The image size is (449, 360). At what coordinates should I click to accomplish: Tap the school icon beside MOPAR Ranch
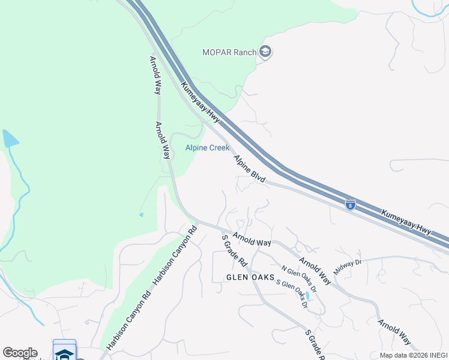click(x=265, y=53)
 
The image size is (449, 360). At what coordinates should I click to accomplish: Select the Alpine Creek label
click(x=207, y=148)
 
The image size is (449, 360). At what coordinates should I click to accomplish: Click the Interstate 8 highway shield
click(x=351, y=205)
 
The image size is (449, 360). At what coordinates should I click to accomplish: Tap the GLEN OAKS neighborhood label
click(x=250, y=277)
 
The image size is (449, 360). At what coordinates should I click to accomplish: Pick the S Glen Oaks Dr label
click(x=291, y=292)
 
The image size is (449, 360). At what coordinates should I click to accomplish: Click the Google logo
click(x=20, y=353)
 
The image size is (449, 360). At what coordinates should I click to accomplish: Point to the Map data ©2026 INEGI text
click(x=413, y=355)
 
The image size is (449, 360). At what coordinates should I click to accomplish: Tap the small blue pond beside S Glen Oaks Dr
click(x=308, y=296)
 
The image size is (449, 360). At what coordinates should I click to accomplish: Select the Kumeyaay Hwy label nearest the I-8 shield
click(x=408, y=221)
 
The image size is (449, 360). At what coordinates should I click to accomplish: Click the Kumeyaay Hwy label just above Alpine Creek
click(x=200, y=103)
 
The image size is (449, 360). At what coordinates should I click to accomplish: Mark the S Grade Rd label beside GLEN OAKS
click(x=235, y=251)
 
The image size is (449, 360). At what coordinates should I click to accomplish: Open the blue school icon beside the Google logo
click(x=64, y=352)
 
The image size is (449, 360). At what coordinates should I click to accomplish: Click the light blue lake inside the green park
click(x=10, y=139)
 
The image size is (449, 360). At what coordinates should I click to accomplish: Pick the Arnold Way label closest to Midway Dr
click(x=315, y=271)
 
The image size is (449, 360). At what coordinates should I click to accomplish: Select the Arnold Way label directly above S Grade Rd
click(x=252, y=239)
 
